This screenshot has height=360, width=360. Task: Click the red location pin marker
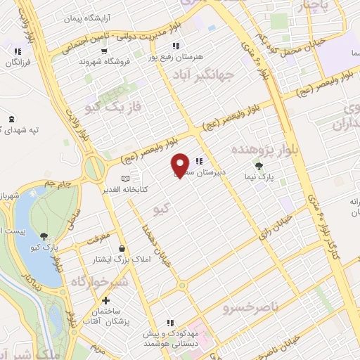coord(181,165)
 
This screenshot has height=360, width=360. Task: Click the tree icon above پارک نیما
coord(260,167)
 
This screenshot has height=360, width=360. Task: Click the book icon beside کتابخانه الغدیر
coord(126,179)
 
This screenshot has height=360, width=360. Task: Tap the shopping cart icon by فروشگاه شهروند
coord(104,51)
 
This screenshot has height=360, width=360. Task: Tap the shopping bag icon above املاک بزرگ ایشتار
coord(123,248)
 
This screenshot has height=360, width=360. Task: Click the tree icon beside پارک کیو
coord(46,236)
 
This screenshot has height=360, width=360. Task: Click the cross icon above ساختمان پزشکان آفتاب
coord(105,300)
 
